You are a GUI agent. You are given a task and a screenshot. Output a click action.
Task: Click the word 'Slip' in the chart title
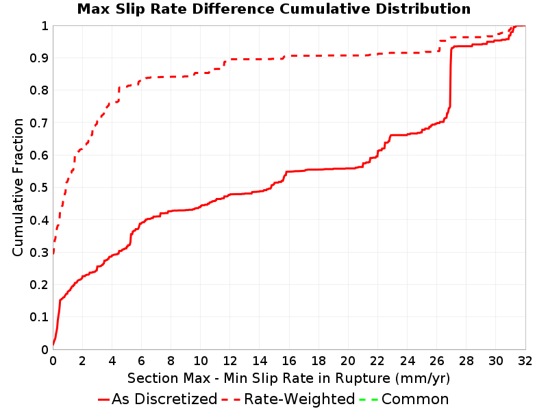click(x=128, y=9)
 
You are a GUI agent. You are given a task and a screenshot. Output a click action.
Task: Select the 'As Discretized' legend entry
click(x=158, y=399)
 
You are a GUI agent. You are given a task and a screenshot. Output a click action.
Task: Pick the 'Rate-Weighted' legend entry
click(x=288, y=399)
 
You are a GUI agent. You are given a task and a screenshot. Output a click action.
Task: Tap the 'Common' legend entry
click(x=403, y=399)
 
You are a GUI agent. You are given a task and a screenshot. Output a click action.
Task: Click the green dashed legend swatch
click(x=369, y=399)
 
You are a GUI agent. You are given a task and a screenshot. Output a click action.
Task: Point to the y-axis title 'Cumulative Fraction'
click(x=18, y=187)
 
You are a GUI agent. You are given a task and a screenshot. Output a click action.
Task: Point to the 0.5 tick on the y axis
click(x=39, y=188)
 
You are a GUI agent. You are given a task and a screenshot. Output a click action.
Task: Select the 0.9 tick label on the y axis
click(x=39, y=58)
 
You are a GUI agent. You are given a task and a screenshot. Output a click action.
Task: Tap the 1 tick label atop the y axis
click(x=45, y=26)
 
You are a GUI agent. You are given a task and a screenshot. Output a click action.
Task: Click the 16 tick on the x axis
click(x=289, y=361)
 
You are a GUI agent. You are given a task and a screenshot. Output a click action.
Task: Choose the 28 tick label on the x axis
click(x=466, y=361)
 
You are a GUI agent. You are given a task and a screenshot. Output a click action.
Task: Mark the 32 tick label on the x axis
click(x=525, y=361)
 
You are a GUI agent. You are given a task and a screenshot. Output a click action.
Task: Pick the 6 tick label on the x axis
click(x=141, y=361)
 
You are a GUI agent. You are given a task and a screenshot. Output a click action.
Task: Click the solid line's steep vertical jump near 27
click(x=451, y=77)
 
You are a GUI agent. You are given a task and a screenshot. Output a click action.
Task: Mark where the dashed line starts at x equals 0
click(x=53, y=253)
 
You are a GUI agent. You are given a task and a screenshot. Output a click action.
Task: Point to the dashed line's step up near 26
click(x=439, y=46)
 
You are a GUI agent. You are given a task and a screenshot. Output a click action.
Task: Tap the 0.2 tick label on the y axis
click(x=39, y=285)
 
